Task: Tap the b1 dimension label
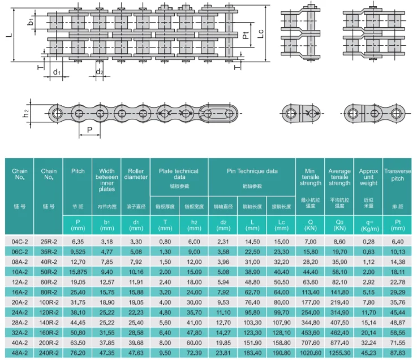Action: (32, 23)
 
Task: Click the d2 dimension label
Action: (99, 72)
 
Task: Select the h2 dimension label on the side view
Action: (27, 114)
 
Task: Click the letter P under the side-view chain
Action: (90, 130)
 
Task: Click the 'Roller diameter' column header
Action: (135, 174)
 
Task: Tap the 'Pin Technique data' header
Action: (252, 170)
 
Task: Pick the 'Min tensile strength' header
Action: (311, 177)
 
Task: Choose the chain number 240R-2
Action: (49, 353)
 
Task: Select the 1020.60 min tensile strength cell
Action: (311, 353)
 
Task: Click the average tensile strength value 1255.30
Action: (339, 353)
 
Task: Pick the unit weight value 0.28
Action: (368, 241)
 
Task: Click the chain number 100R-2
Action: (49, 302)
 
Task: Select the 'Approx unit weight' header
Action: (368, 177)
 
